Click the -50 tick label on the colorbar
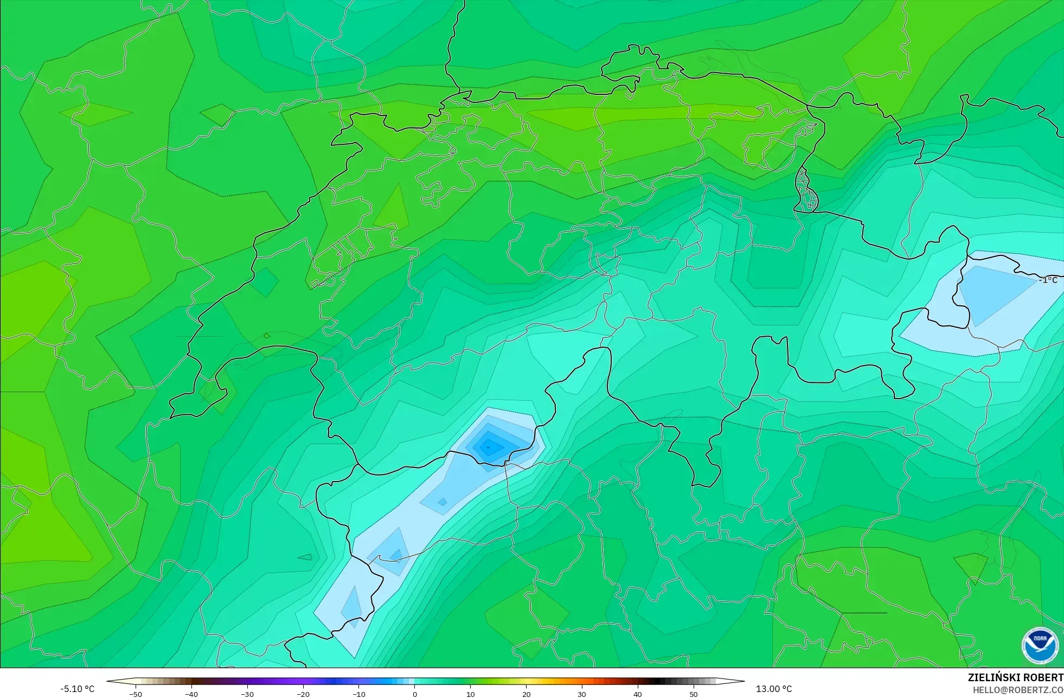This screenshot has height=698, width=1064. click(x=136, y=694)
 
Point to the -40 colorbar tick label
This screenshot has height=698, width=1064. click(x=191, y=694)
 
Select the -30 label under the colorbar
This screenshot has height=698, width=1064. click(x=247, y=694)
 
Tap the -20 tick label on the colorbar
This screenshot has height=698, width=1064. click(x=303, y=694)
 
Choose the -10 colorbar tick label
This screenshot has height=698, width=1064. click(x=359, y=694)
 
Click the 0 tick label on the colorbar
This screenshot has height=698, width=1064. click(x=415, y=694)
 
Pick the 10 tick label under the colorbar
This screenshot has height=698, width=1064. click(x=471, y=694)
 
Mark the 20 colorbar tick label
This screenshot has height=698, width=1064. click(x=526, y=694)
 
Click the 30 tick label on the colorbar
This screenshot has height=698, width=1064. click(x=582, y=694)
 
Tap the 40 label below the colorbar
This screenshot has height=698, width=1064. click(x=638, y=694)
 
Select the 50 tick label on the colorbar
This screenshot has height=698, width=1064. click(x=694, y=694)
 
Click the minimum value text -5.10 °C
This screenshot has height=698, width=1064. click(x=78, y=689)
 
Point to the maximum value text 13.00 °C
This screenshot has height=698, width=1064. click(x=774, y=689)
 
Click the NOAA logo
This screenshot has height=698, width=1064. click(x=1040, y=645)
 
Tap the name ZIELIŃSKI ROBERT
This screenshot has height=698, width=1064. click(x=1016, y=677)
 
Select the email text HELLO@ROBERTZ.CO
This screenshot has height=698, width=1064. click(x=1018, y=690)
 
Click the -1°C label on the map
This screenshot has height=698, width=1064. click(x=1048, y=280)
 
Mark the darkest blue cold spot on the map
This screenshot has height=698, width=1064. click(x=488, y=447)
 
